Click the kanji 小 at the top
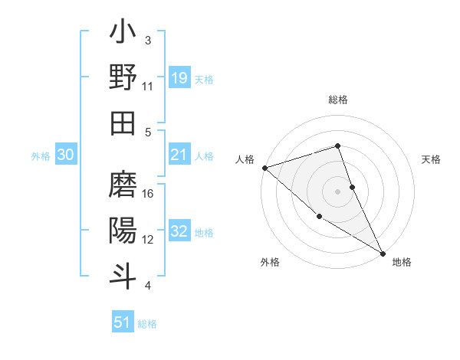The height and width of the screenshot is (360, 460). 123,34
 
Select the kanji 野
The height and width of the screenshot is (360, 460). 123,79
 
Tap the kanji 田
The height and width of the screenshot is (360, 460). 123,123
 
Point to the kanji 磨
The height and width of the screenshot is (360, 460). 123,185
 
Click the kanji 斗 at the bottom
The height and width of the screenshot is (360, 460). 123,274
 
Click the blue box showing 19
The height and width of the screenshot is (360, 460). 179,77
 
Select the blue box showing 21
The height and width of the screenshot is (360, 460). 179,155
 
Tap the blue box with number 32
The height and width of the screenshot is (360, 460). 179,231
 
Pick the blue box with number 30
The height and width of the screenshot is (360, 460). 66,155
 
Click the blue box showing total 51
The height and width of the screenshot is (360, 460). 123,322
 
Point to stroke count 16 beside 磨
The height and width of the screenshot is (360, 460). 149,193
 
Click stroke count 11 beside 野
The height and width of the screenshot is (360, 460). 148,87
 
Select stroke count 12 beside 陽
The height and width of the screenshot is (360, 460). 149,239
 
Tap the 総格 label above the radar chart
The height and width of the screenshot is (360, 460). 338,100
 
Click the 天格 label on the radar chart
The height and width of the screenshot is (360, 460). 432,159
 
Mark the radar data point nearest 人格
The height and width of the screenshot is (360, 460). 264,167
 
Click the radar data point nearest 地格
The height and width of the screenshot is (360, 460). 383,252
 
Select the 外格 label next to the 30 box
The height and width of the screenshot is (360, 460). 41,155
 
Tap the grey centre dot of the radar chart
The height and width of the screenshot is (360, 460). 338,191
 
